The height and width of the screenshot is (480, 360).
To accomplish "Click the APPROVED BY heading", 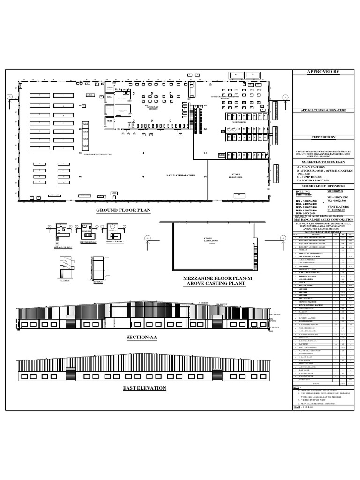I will [323, 72].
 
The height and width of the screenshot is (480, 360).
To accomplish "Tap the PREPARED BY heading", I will [323, 137].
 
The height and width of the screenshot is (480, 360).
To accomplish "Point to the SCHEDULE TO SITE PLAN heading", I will [323, 160].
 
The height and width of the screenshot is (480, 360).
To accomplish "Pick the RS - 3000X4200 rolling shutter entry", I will [307, 200].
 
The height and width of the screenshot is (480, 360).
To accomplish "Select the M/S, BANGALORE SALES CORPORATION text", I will [323, 219].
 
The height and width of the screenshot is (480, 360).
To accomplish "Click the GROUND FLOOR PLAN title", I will [123, 210].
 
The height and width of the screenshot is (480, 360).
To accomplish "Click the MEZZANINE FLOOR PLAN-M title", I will [207, 279].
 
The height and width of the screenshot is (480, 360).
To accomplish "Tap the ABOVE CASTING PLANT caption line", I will [207, 284].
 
